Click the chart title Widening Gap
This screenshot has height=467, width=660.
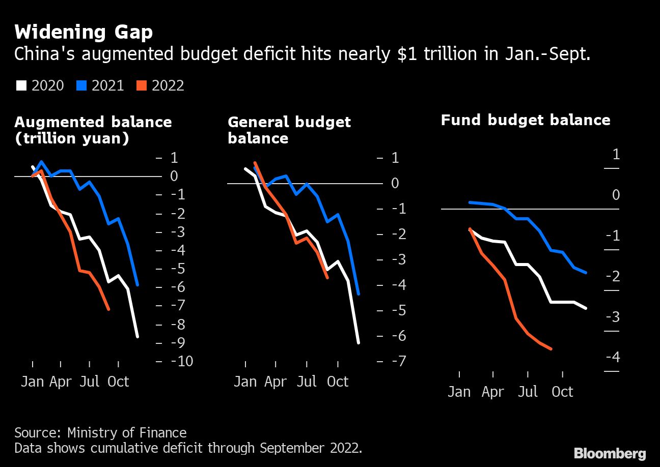(83, 33)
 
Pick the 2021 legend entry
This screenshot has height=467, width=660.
(100, 85)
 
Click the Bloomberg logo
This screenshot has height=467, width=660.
(610, 453)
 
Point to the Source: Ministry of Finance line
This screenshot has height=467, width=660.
(100, 433)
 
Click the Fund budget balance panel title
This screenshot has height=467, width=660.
(525, 120)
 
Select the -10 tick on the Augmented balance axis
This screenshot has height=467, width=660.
(181, 361)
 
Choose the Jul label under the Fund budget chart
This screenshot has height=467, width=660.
(528, 392)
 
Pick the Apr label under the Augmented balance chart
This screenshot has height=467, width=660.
(61, 382)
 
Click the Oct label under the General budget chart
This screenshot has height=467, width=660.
(337, 382)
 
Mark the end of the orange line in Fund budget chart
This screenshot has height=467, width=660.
(552, 349)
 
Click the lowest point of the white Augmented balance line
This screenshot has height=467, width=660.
(137, 336)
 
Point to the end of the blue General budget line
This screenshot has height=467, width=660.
(359, 294)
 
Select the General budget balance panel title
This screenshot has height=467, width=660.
(289, 130)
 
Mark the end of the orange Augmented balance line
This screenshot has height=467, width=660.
(108, 309)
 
